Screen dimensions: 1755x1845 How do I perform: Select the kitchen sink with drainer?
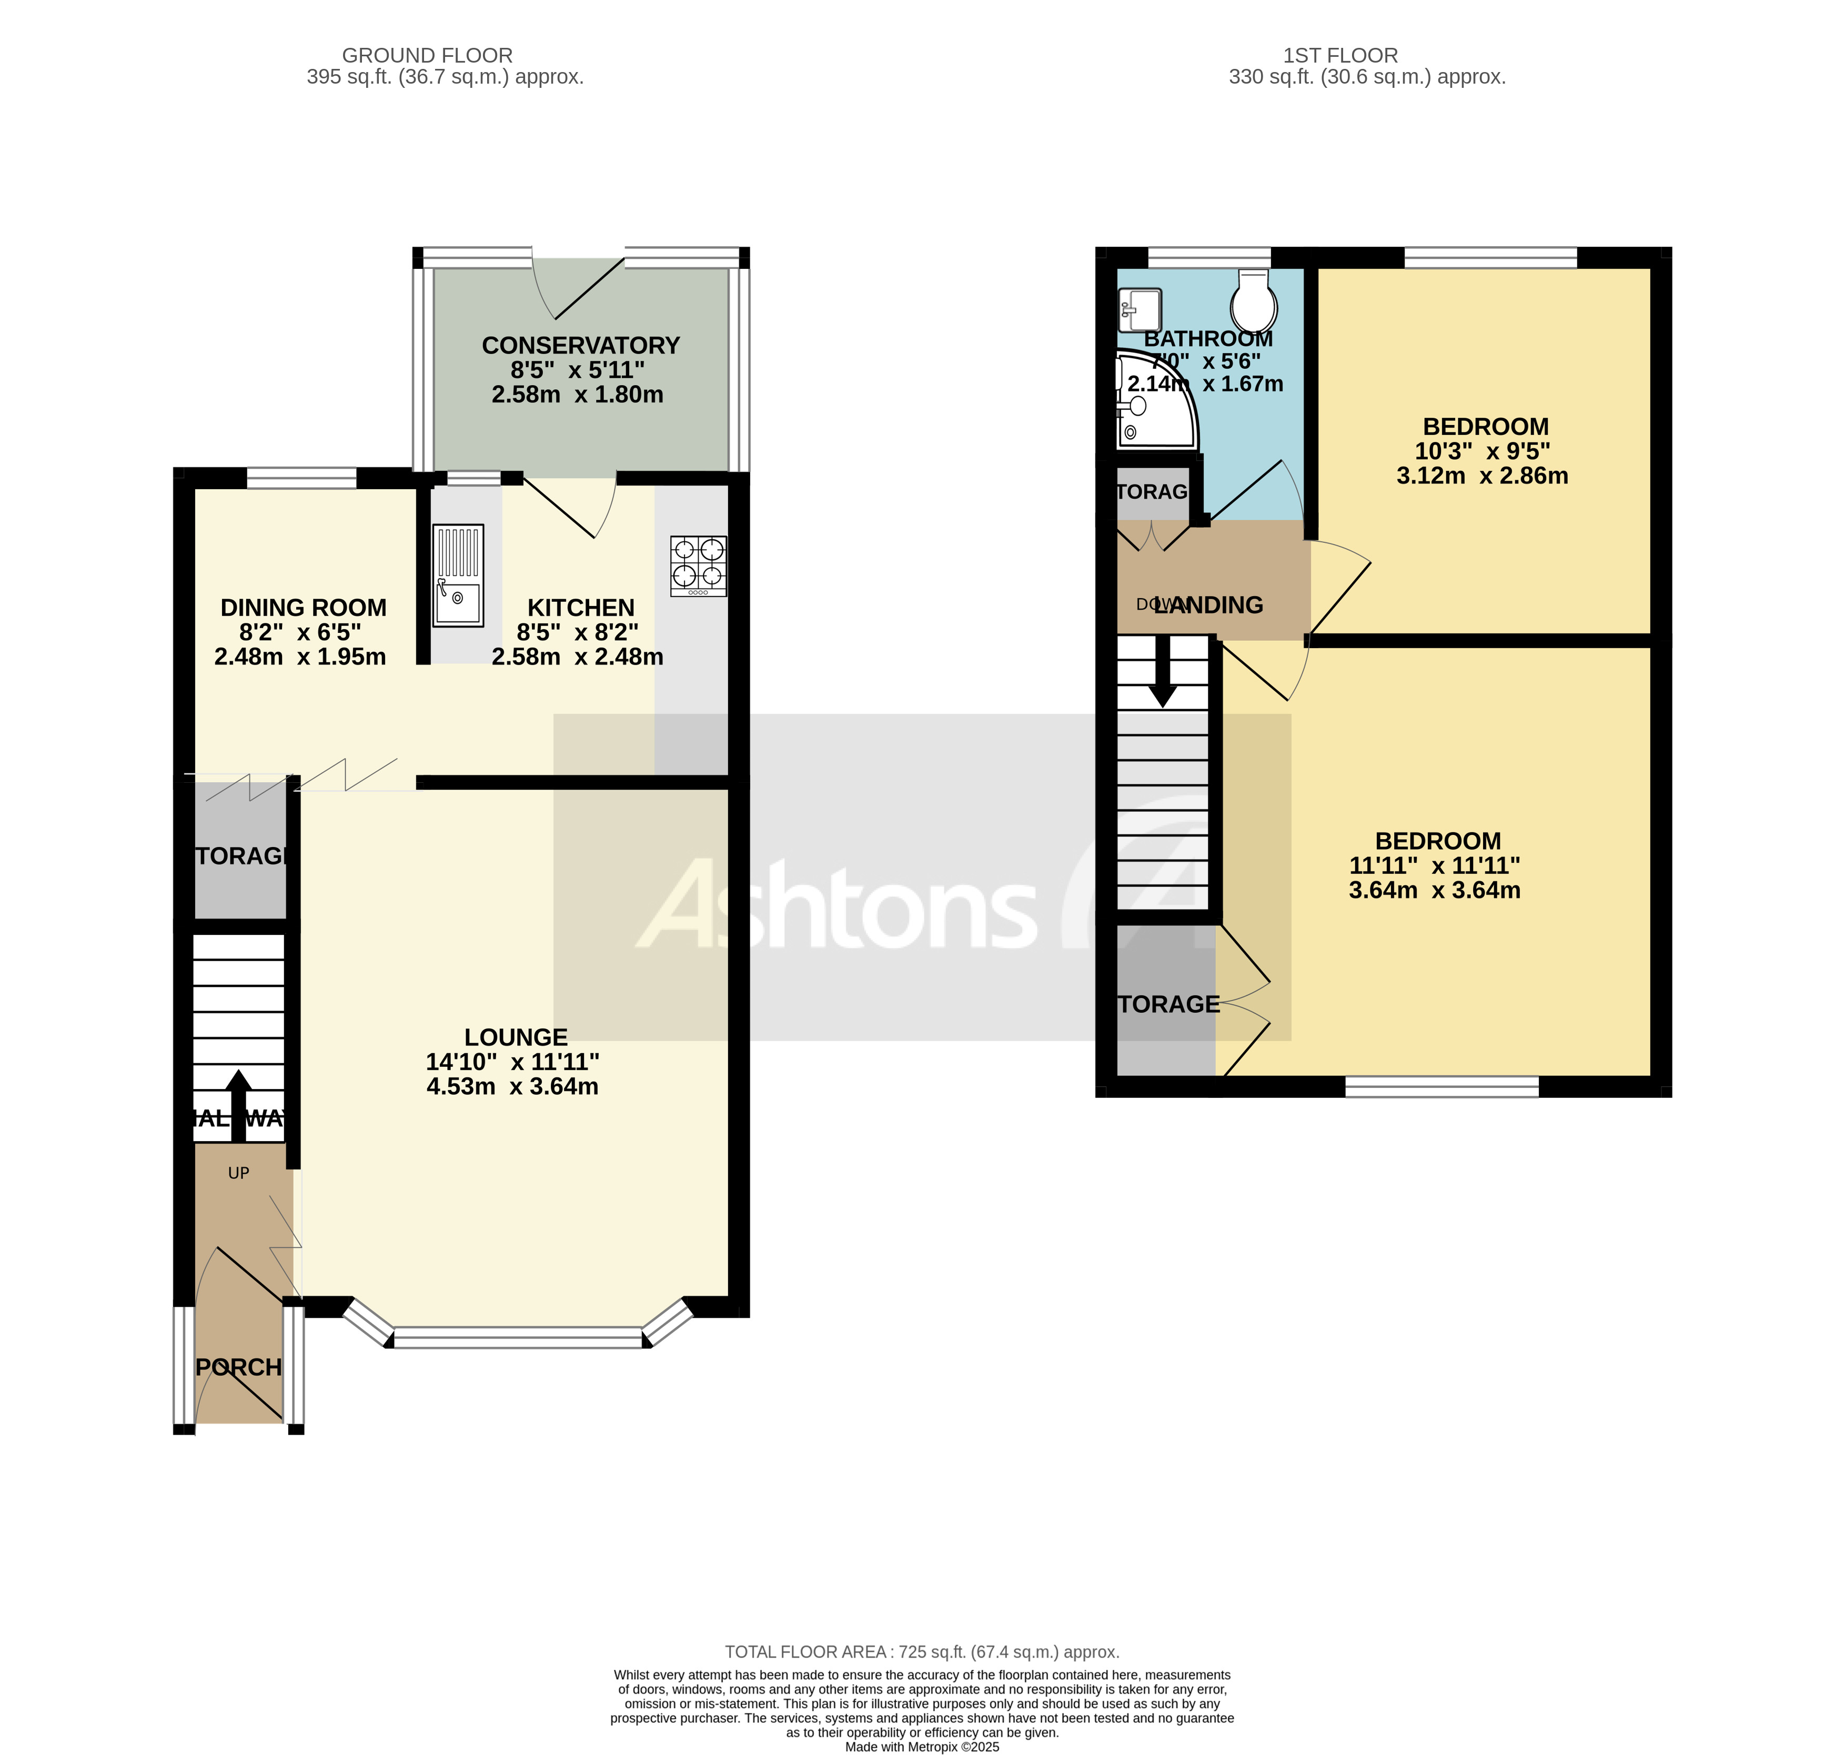(x=458, y=574)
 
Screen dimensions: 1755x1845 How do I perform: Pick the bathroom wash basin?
(x=1140, y=310)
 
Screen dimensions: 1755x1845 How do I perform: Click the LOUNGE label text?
(x=516, y=1036)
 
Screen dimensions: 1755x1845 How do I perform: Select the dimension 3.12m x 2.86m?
(x=1482, y=475)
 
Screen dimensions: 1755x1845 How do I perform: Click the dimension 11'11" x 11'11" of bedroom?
(x=1434, y=865)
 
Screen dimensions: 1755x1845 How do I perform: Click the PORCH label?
(x=238, y=1367)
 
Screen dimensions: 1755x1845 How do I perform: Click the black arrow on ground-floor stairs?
(x=238, y=1104)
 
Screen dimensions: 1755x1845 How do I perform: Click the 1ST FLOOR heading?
(x=1340, y=55)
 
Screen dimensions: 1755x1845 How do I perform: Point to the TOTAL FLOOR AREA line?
(x=922, y=1652)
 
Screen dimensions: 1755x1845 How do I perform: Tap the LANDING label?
(x=1209, y=606)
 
